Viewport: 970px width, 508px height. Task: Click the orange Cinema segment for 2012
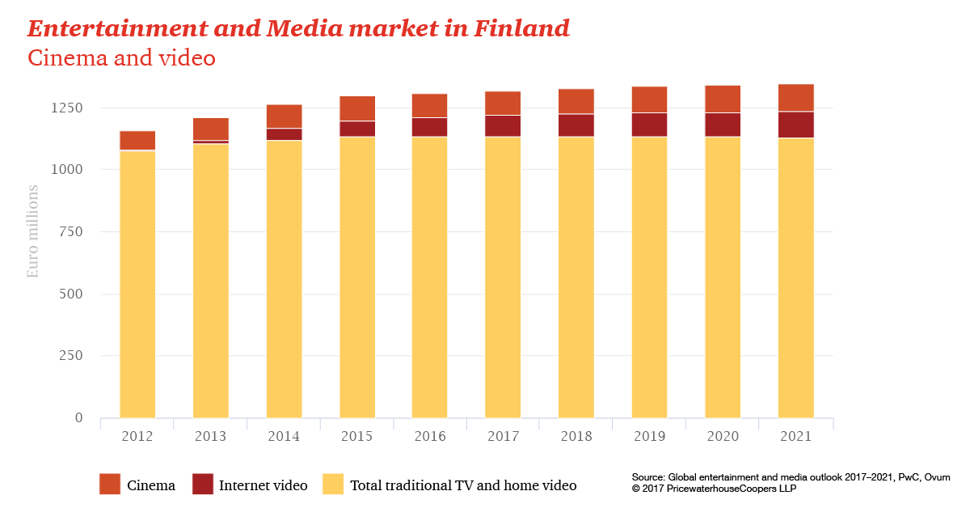137,140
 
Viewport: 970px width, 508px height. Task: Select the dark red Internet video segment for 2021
796,125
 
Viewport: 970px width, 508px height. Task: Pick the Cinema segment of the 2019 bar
650,99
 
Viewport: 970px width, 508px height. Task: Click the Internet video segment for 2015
357,129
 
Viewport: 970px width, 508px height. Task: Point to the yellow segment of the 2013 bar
211,280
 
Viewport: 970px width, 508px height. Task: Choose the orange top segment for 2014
284,116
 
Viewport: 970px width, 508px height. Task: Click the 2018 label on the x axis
576,437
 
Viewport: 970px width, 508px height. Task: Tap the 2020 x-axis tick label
723,437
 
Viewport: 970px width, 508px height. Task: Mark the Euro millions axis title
33,231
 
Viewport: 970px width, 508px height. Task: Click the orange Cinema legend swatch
109,484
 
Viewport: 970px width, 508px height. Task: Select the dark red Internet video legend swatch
202,484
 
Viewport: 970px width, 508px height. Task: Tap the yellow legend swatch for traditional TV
333,484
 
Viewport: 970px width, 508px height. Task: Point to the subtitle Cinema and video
121,58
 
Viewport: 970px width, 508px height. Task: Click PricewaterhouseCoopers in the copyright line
725,489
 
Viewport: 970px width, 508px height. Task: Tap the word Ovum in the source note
936,477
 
